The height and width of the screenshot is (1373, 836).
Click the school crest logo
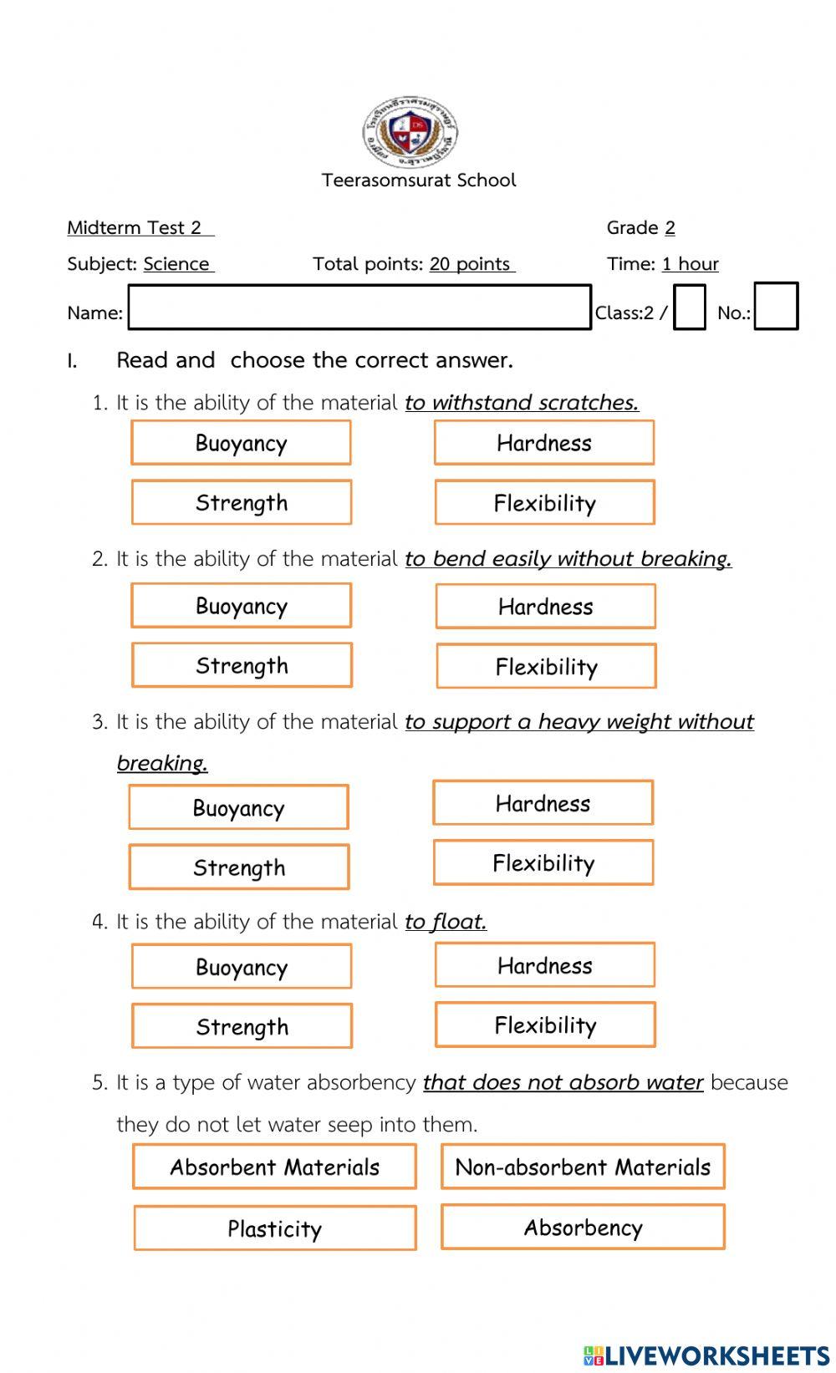(x=410, y=132)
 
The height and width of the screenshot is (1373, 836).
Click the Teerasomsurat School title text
(x=419, y=181)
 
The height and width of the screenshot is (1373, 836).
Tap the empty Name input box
(x=359, y=308)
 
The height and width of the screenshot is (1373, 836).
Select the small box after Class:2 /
(x=689, y=308)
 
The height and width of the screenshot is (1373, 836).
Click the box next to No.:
(x=776, y=307)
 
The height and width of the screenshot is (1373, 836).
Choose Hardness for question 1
(x=544, y=443)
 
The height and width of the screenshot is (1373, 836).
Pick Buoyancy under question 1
(x=241, y=443)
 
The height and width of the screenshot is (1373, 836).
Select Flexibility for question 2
(x=546, y=667)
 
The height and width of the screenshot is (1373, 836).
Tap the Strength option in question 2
(x=242, y=666)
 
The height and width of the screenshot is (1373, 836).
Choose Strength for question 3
(x=239, y=867)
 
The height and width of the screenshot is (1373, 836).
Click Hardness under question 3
(x=543, y=804)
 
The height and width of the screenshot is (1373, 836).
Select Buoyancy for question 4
(x=242, y=967)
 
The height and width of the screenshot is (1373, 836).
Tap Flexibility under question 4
(x=545, y=1025)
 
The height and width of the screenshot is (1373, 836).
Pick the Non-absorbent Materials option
(x=583, y=1167)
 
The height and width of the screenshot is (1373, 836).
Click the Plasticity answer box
(x=275, y=1228)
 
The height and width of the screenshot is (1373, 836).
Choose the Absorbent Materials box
(x=274, y=1167)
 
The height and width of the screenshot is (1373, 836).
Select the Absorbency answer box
(x=583, y=1228)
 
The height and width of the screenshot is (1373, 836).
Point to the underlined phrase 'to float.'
(x=446, y=922)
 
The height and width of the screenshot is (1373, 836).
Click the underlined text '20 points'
(x=470, y=264)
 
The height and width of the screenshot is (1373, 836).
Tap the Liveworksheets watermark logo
(x=706, y=1355)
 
